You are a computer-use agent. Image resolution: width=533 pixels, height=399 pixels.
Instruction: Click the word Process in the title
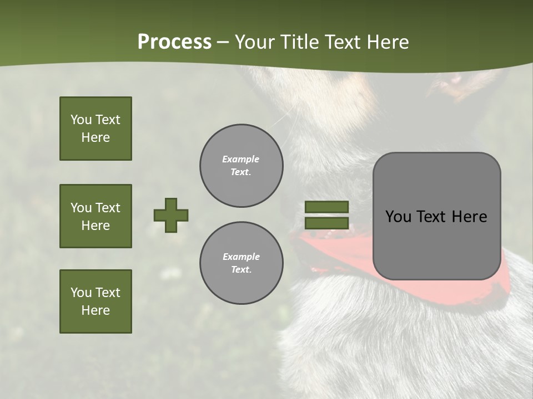click(x=174, y=42)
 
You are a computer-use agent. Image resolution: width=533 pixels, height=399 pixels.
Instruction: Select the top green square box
click(x=95, y=129)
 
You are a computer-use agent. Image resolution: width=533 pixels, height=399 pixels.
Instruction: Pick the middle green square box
click(x=95, y=216)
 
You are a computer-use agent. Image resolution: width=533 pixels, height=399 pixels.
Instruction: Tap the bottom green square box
click(x=95, y=301)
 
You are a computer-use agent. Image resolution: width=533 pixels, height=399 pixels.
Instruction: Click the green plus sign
click(x=171, y=215)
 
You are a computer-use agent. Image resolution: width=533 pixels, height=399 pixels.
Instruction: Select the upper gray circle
click(x=241, y=166)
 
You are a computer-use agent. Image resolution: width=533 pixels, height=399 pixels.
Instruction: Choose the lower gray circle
click(x=241, y=263)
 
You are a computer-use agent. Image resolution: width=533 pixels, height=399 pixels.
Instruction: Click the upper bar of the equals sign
click(x=327, y=207)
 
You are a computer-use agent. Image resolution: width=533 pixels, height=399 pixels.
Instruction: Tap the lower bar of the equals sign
click(x=327, y=223)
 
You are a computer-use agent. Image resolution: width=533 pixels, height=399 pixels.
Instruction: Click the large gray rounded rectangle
click(x=436, y=244)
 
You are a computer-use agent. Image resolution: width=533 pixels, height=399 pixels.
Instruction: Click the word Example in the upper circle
click(x=240, y=160)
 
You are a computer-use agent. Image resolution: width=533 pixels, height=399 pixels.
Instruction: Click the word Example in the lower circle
click(x=241, y=257)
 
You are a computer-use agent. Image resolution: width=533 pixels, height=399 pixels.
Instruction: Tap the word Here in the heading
click(x=389, y=42)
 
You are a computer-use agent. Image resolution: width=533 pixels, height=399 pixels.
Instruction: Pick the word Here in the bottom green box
click(x=95, y=311)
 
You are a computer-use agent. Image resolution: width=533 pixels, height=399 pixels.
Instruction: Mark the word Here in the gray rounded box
click(x=469, y=217)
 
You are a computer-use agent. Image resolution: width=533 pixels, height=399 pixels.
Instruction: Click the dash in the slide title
click(x=223, y=42)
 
